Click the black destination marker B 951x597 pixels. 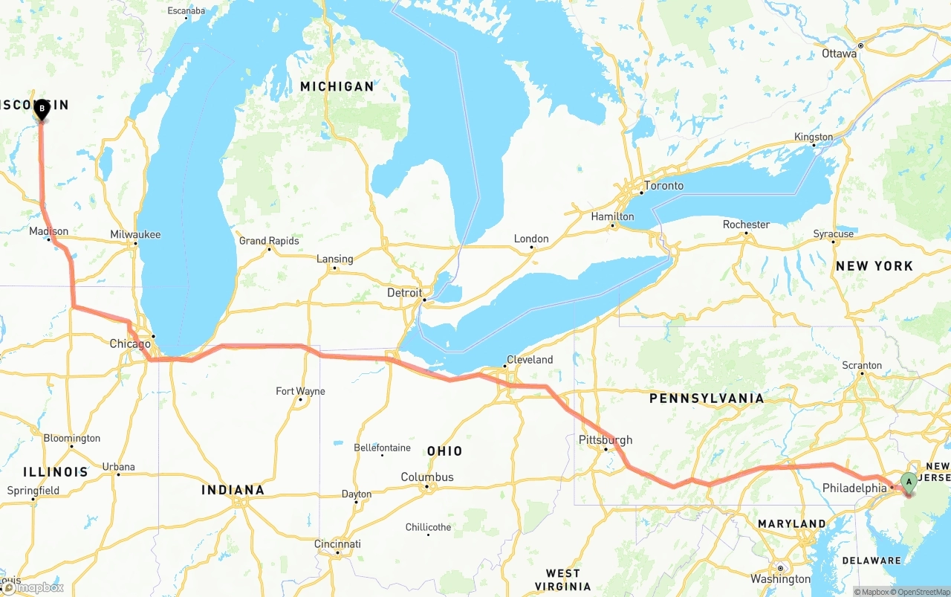42,109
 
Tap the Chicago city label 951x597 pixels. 130,343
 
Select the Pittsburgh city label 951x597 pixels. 606,440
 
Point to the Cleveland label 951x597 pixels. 530,360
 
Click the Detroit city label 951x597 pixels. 405,293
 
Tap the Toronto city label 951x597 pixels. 663,186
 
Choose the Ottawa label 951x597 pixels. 840,54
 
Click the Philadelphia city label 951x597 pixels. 854,488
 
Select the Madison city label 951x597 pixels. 48,231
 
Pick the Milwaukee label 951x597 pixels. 135,234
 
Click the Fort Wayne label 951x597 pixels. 300,391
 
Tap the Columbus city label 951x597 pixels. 427,477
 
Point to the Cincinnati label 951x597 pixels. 337,544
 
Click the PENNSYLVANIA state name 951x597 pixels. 706,398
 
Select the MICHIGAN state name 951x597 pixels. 337,87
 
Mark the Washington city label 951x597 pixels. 780,578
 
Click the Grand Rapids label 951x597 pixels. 269,241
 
